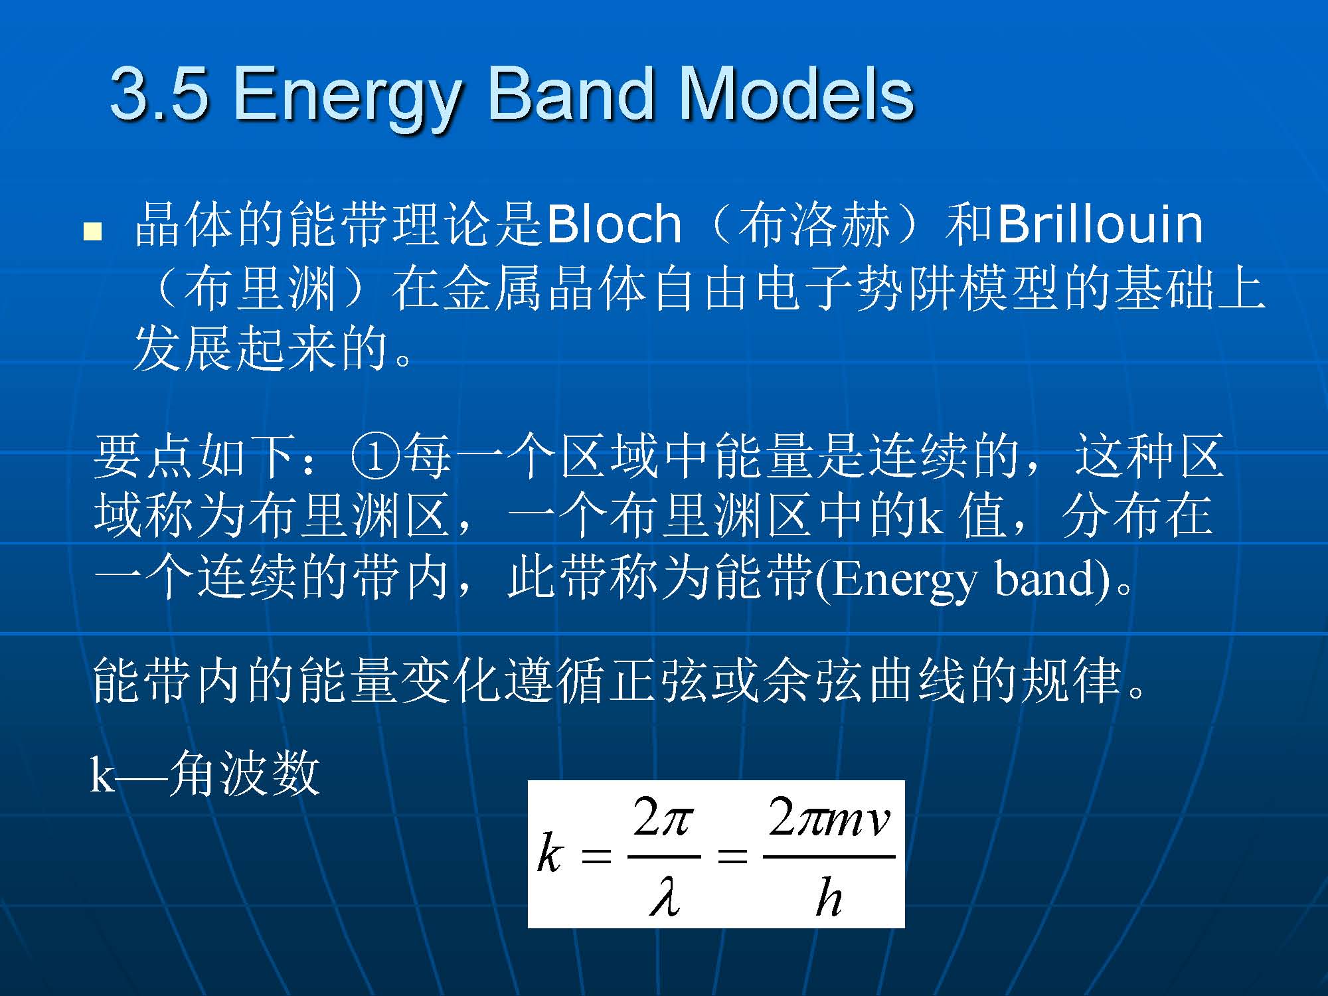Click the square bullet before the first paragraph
(x=93, y=232)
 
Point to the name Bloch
(x=614, y=223)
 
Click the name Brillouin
(x=1100, y=223)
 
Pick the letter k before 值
(x=930, y=517)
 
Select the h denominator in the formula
(x=829, y=896)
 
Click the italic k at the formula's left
(x=550, y=853)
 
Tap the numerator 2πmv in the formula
(x=829, y=819)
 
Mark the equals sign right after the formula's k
(x=596, y=857)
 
